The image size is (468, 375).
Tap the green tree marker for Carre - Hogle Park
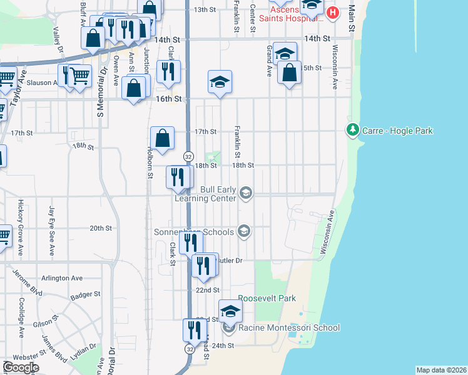(352, 130)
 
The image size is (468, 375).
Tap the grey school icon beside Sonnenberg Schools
(244, 232)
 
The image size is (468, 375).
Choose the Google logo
(20, 367)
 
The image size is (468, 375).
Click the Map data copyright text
(441, 370)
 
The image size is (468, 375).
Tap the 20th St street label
(100, 229)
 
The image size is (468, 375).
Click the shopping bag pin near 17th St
(162, 138)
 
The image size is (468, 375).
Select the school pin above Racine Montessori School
(230, 311)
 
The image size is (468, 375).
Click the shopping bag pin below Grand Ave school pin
(290, 72)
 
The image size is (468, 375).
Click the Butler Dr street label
(230, 259)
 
